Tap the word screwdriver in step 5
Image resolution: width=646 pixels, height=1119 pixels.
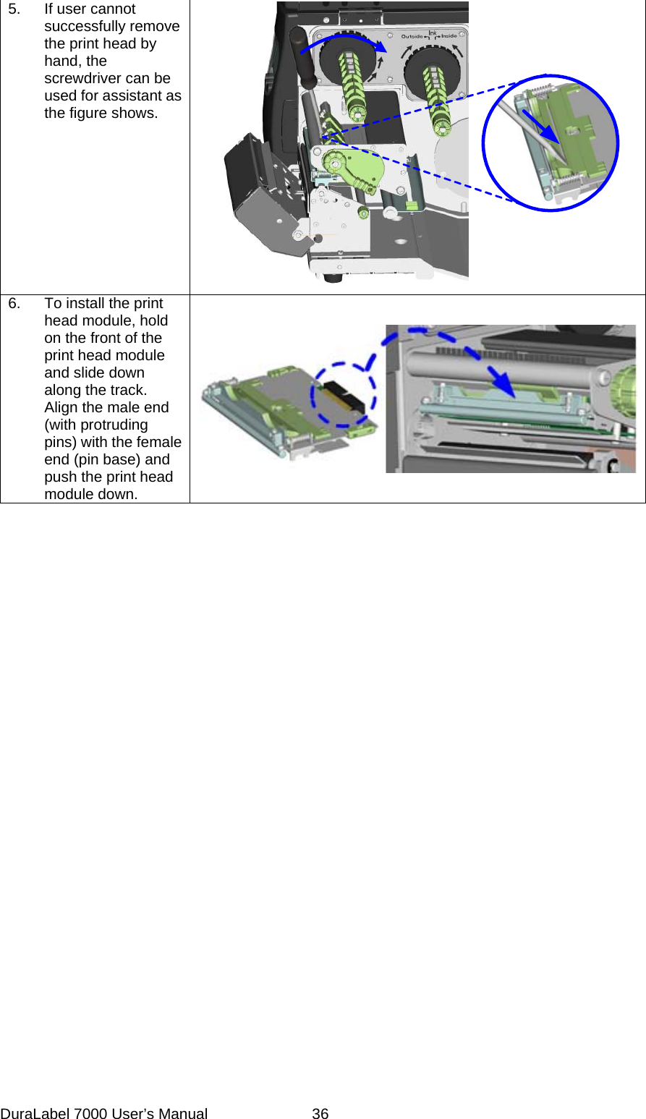coord(79,78)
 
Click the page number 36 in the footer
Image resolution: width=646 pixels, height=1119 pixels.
coord(320,1114)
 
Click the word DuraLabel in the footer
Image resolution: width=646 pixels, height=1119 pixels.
coord(35,1114)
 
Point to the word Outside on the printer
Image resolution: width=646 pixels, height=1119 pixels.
coord(412,36)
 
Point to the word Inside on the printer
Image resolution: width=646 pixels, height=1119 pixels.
coord(449,36)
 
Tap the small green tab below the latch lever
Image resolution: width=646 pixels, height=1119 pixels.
coord(411,206)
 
